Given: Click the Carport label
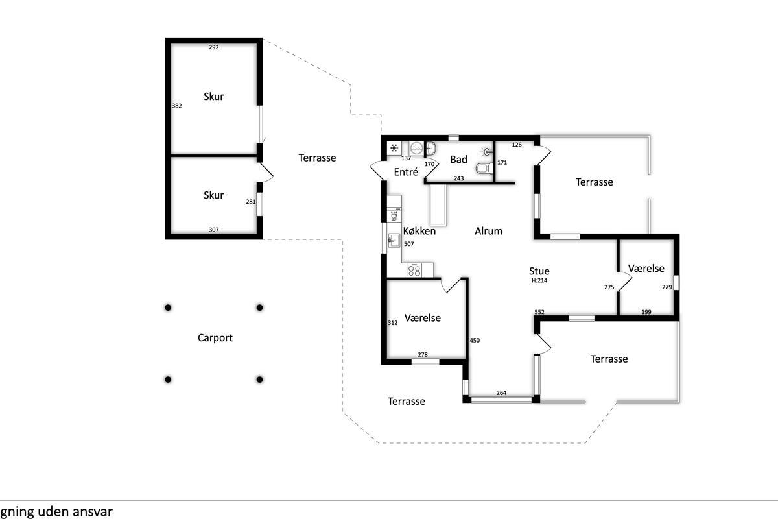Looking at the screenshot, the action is coord(215,338).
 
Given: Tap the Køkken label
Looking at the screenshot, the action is coord(419,231).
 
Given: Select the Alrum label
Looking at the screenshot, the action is coord(488,231).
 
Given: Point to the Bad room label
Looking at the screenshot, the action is coord(458,159).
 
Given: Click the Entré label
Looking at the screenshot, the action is coord(406,172).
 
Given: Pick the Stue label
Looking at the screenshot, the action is coord(539,271).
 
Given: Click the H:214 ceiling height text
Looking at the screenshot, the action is coord(539,280).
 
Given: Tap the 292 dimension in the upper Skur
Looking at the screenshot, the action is coord(213,47).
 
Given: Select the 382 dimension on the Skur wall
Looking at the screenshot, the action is coord(177,106).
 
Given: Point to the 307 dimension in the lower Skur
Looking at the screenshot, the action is coord(213,230).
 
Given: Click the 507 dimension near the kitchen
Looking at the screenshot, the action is coord(409,244).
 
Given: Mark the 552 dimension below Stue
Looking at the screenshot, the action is coord(539,312).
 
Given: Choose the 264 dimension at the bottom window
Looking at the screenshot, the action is coord(501,392).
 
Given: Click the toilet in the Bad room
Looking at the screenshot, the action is coord(484,169).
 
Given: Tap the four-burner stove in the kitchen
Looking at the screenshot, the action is coord(414,270).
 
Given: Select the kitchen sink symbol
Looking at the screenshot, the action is coord(394,240).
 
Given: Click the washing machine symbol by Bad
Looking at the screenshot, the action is coord(416,149).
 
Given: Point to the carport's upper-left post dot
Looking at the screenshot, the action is coord(168,308).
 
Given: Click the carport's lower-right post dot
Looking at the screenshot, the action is coord(259,380).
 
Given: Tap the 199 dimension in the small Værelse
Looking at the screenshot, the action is coord(646,312).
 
